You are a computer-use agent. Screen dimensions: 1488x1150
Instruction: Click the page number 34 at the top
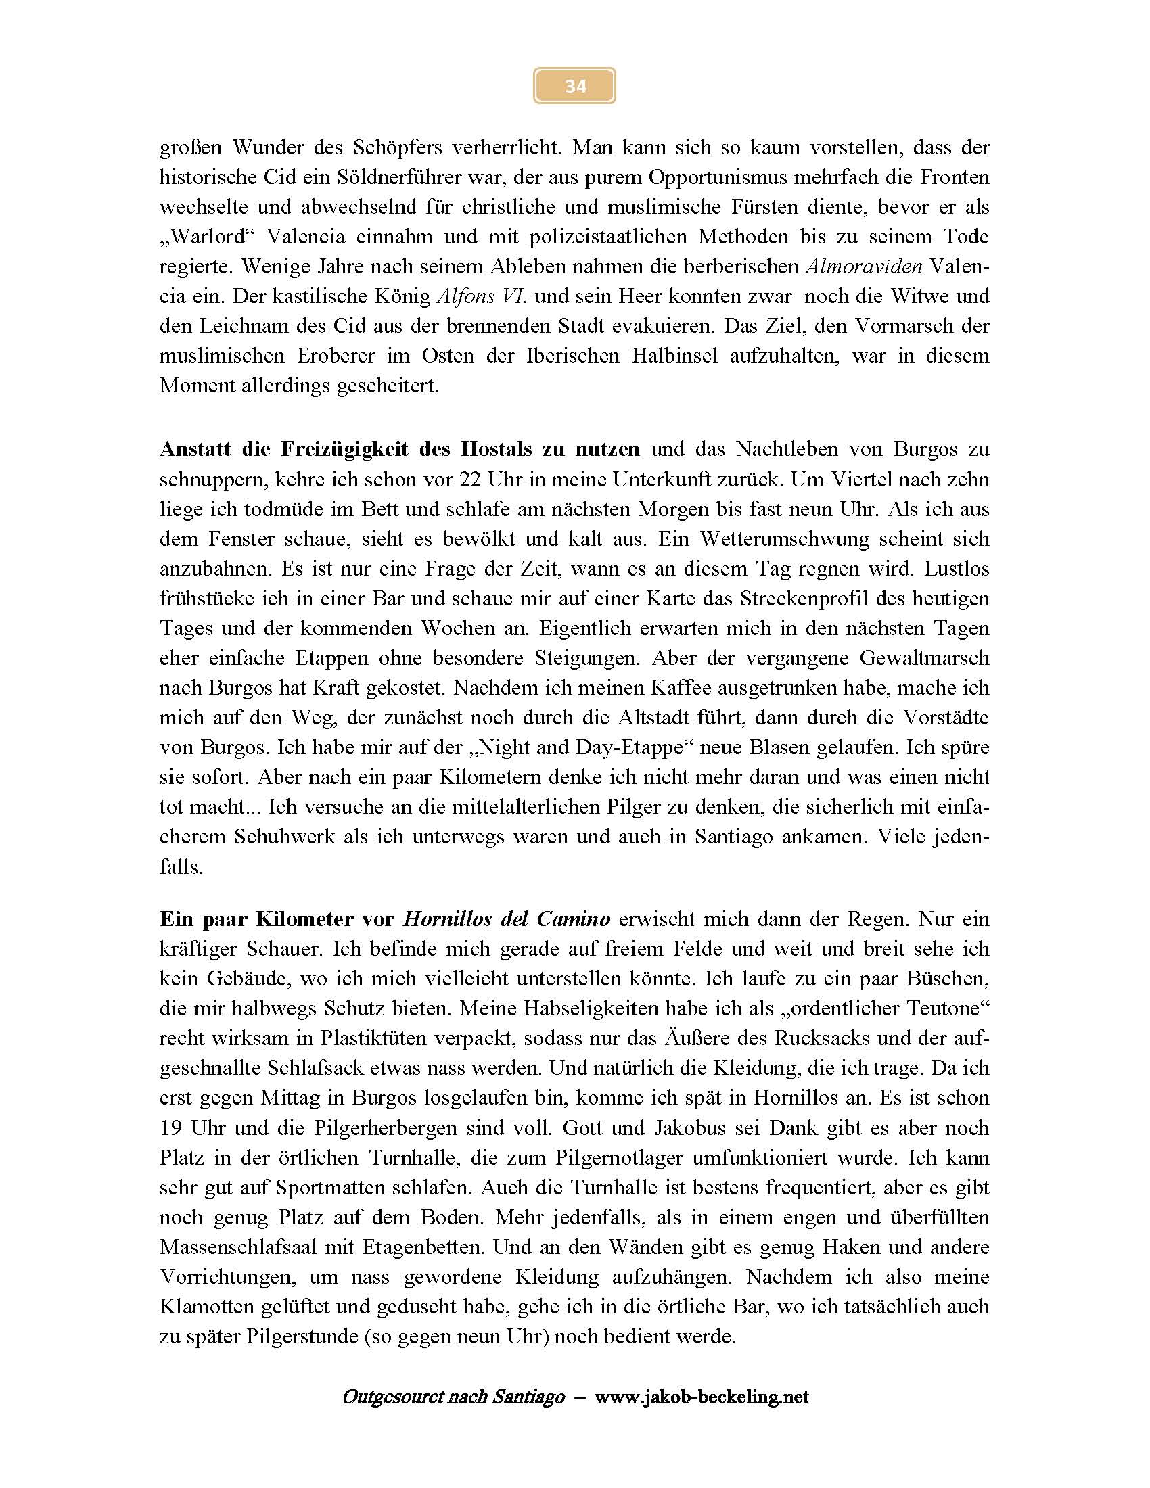pos(575,86)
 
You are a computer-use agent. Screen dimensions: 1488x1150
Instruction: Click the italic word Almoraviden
pos(864,266)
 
